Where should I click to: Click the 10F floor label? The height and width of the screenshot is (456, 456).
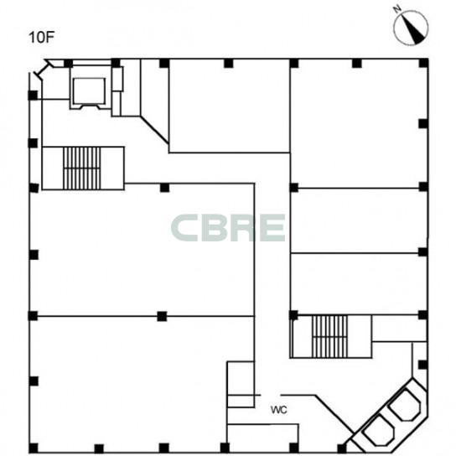coord(42,38)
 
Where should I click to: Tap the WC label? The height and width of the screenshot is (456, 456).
coord(279,410)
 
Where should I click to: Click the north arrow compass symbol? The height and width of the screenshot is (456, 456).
coord(411,28)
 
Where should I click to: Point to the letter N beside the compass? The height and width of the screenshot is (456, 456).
coord(397,9)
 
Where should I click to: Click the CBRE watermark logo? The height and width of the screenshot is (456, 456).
coord(228,228)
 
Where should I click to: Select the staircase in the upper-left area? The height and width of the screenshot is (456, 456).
coord(81,168)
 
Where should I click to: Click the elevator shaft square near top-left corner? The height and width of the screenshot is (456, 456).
coord(90,91)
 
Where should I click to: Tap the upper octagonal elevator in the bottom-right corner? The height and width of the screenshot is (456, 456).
coord(405,405)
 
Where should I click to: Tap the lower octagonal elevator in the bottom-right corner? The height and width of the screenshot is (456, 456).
coord(379,431)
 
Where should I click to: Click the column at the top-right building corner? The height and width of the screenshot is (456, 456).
coord(423,63)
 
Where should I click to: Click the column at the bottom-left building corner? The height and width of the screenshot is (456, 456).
coord(34,448)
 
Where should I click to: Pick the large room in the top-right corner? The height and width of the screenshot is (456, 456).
coord(359,123)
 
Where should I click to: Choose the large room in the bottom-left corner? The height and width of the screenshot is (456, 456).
coord(128,384)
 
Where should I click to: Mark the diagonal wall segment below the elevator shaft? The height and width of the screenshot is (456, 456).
coord(154,130)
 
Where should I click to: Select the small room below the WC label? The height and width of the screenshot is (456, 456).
coord(262,438)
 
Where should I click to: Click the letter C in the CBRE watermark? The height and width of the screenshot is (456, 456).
coord(185,228)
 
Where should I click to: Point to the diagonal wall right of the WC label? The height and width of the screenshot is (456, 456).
coord(334,414)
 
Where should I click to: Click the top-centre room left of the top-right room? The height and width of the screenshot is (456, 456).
coord(229,106)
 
